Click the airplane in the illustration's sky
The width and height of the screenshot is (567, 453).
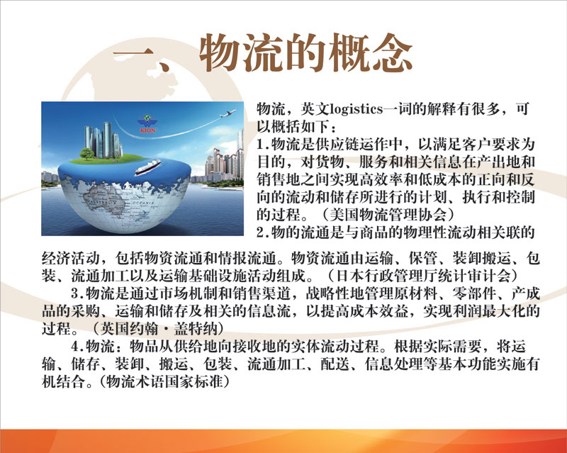point(228,113)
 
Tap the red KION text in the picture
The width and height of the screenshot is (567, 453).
point(147,130)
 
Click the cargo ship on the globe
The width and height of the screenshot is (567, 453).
point(147,167)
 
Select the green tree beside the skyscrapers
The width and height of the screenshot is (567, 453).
point(87,153)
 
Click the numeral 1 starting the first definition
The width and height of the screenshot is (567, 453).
point(260,145)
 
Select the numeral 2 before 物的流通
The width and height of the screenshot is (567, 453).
point(260,233)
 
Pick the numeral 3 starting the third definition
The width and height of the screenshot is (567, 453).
point(75,293)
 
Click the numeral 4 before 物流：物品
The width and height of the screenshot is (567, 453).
point(75,347)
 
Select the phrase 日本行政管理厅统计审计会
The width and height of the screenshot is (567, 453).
point(423,276)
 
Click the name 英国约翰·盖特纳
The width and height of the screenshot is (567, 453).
point(159,329)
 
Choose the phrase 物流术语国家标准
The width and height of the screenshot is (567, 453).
point(164,381)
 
